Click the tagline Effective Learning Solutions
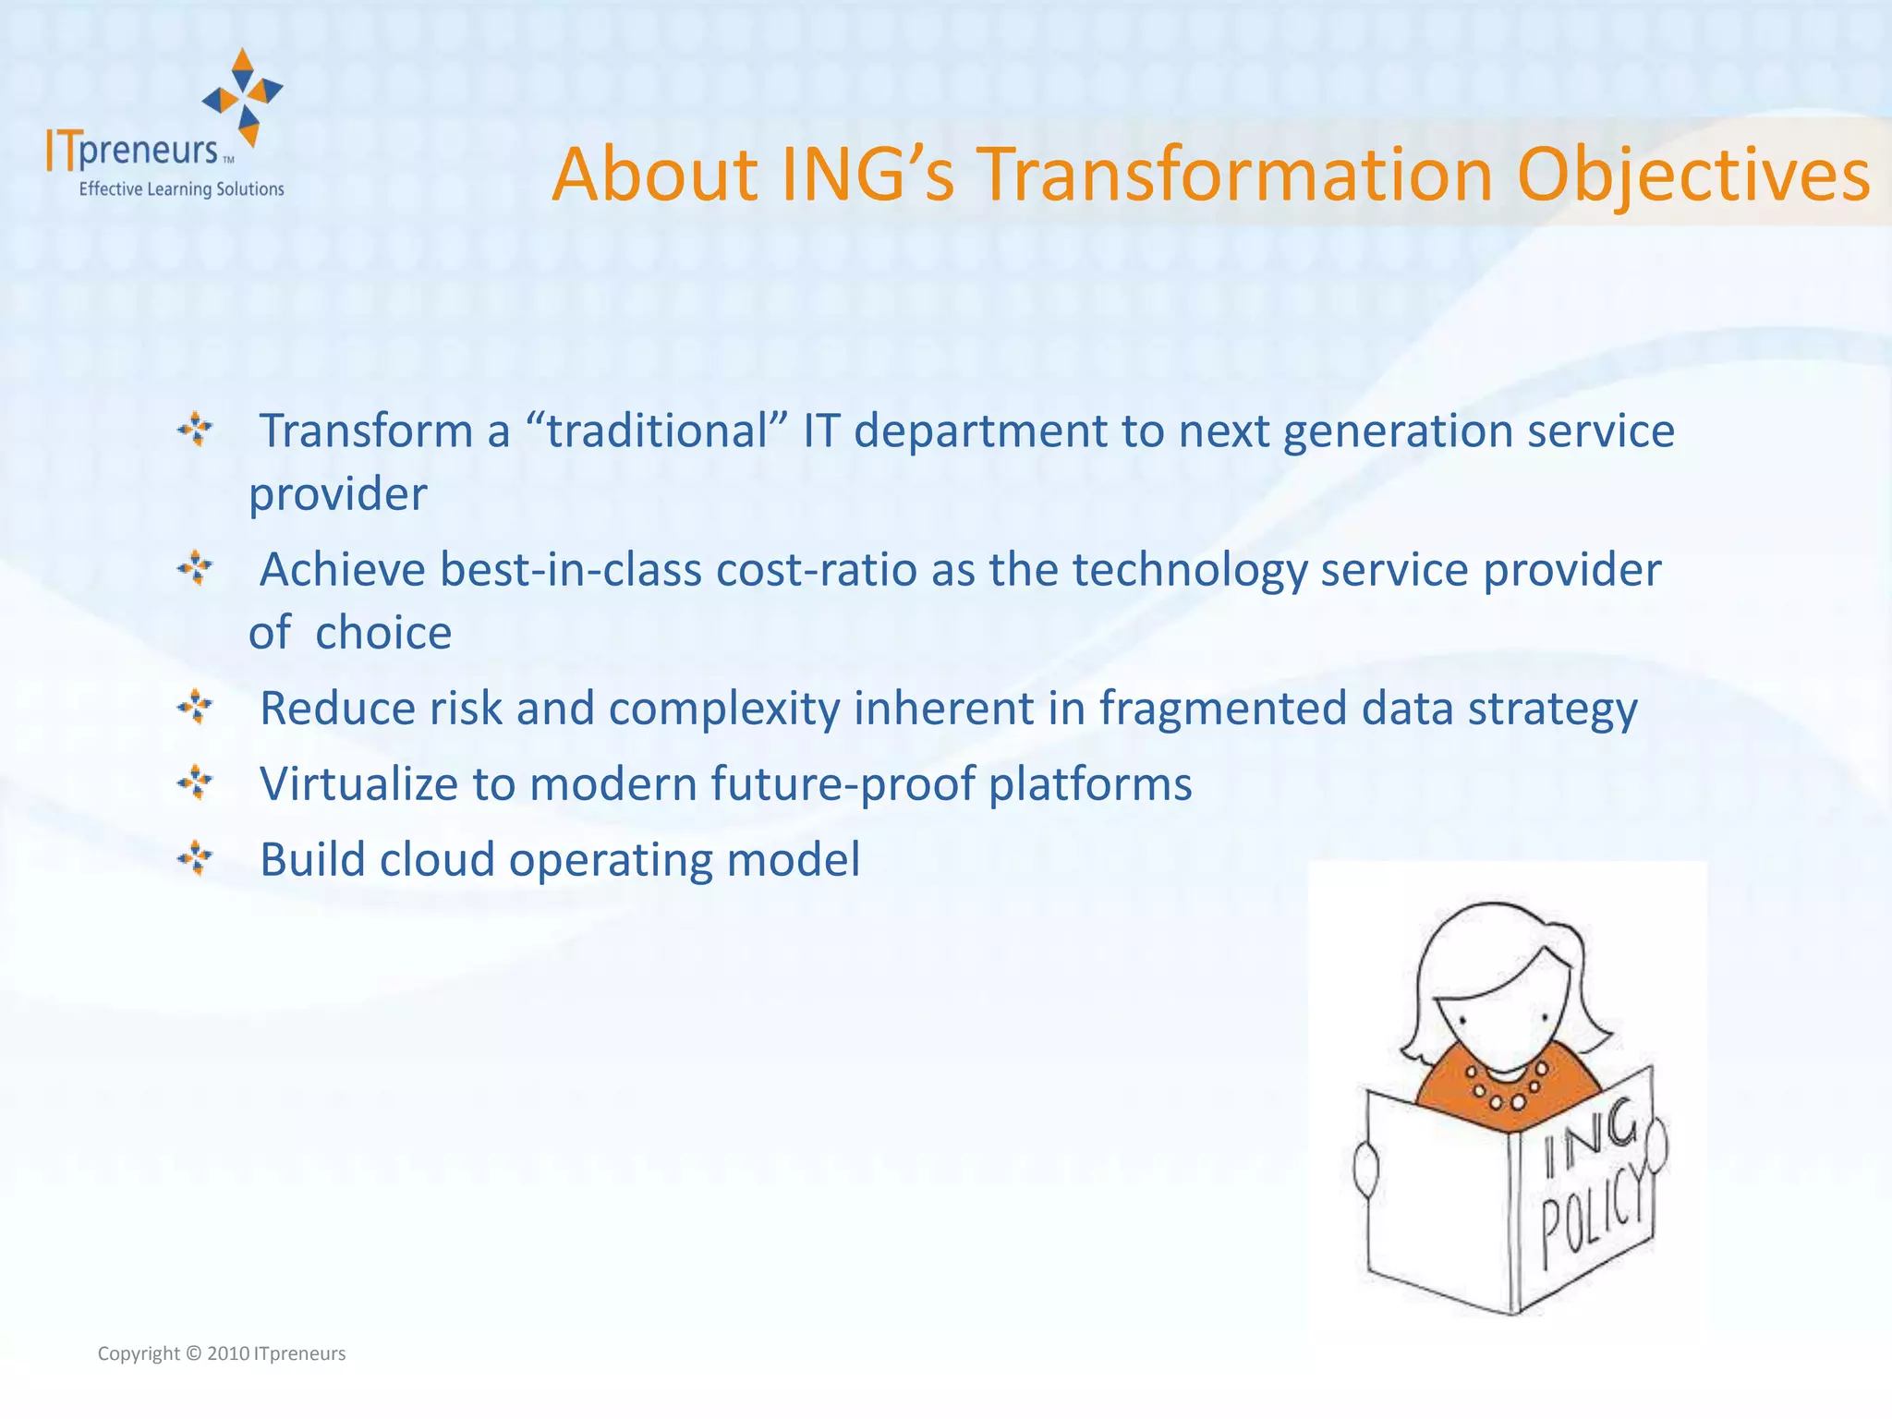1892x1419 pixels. tap(181, 189)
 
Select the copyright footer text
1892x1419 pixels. tap(222, 1353)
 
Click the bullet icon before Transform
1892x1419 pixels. tap(195, 430)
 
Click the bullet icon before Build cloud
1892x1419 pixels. tap(195, 858)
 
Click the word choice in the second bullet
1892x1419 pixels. tap(383, 633)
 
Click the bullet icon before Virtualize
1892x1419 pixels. tap(195, 783)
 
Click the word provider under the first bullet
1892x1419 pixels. tap(338, 494)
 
